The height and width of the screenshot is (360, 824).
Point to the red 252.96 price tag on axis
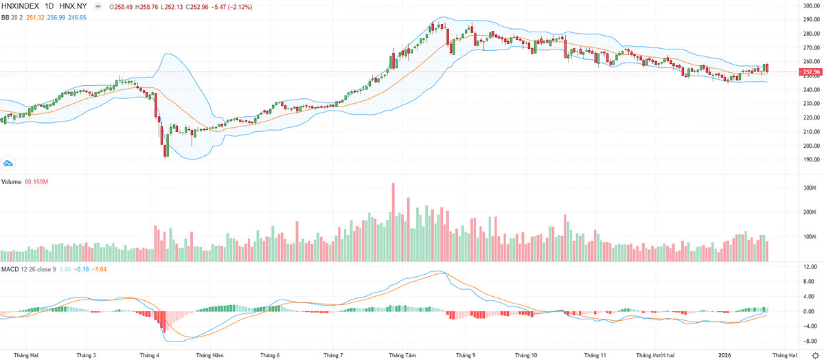click(x=812, y=71)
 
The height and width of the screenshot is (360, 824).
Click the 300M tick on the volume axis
click(x=808, y=188)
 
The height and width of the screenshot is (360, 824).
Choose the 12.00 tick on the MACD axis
click(x=808, y=267)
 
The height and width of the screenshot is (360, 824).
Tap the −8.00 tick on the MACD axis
click(x=808, y=341)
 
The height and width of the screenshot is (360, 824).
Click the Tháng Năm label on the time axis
click(x=210, y=355)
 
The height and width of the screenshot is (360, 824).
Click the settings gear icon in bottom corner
click(x=816, y=355)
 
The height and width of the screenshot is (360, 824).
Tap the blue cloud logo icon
click(x=9, y=164)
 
